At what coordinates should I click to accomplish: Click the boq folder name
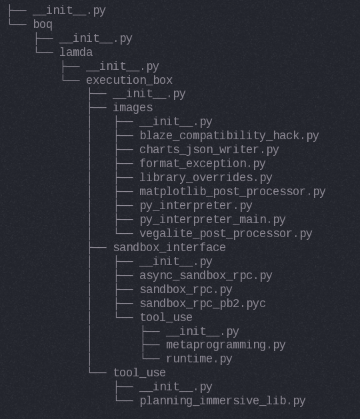43,25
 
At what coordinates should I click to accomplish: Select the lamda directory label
76,52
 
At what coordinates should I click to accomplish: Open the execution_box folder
129,80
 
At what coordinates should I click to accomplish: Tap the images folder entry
133,108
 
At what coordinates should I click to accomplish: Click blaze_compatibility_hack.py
229,136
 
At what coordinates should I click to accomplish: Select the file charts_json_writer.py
209,150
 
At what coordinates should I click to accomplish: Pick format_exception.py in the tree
203,164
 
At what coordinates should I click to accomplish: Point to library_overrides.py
206,178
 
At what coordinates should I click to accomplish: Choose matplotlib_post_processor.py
233,192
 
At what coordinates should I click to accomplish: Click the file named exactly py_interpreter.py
196,206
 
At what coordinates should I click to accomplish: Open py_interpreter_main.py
213,220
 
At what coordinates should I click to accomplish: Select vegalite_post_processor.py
226,234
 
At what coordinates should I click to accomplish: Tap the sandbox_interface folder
169,247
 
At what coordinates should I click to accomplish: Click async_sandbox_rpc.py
206,276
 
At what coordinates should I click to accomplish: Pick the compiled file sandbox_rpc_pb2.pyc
203,304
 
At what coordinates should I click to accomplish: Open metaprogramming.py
226,345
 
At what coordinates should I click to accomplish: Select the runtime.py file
199,359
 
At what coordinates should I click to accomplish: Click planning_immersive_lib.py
223,401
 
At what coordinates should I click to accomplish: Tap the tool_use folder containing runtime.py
166,318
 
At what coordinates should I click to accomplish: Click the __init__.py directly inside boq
96,39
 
